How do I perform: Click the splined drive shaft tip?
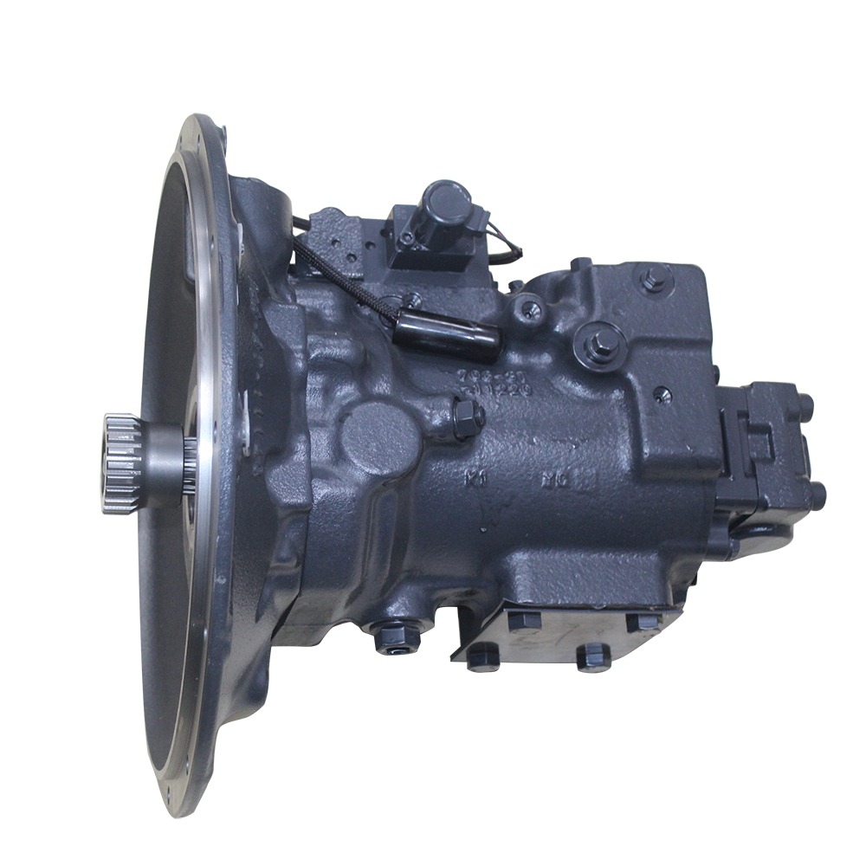[121, 464]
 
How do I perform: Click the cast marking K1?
[474, 476]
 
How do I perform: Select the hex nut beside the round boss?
[468, 417]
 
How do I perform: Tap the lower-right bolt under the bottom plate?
[594, 656]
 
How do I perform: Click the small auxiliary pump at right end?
[767, 459]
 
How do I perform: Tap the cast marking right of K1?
[554, 478]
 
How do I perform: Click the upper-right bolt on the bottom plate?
[642, 622]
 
